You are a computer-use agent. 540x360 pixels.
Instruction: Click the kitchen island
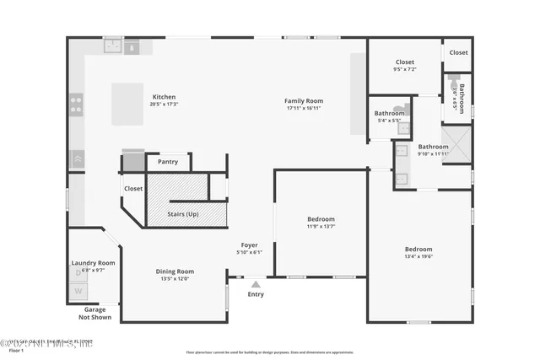tap(128, 104)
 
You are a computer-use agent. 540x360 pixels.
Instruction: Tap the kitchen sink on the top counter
tap(111, 48)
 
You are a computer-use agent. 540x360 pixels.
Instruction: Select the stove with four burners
tap(76, 105)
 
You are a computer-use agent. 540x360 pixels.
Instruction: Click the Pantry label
tap(168, 161)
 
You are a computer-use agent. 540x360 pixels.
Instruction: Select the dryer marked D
tap(78, 272)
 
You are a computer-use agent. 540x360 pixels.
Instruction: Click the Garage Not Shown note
tap(94, 313)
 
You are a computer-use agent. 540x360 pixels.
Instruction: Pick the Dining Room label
tap(175, 271)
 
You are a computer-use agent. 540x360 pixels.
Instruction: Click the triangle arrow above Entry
tap(255, 284)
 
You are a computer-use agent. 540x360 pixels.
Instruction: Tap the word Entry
tap(255, 294)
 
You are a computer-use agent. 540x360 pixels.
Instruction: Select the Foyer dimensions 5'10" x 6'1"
tap(249, 252)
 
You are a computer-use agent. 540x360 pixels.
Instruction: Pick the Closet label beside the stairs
tap(133, 189)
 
